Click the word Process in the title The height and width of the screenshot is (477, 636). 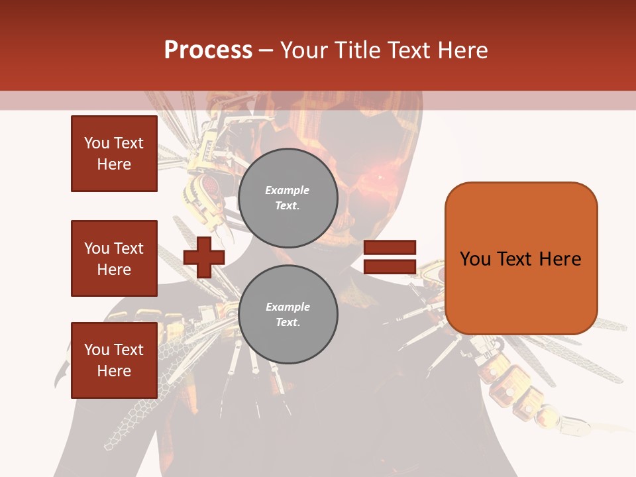(x=208, y=50)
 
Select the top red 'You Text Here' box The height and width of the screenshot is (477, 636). (x=114, y=154)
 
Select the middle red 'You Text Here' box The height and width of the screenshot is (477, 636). (x=114, y=258)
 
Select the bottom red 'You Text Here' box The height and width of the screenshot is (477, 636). (x=114, y=360)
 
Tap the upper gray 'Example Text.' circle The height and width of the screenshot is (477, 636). (x=288, y=198)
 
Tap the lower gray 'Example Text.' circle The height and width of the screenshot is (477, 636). (x=288, y=315)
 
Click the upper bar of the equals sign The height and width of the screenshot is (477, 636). (x=390, y=248)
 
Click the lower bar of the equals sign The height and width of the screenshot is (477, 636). (x=390, y=267)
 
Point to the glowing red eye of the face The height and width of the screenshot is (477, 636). (x=380, y=178)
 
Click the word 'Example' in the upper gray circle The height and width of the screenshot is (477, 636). (x=288, y=190)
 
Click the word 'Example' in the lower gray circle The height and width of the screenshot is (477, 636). (x=288, y=307)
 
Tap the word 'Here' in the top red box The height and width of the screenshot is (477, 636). (x=114, y=164)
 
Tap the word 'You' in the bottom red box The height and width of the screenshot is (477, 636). (x=97, y=350)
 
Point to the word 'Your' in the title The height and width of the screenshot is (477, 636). (x=303, y=50)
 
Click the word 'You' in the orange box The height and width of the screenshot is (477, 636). (x=475, y=259)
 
